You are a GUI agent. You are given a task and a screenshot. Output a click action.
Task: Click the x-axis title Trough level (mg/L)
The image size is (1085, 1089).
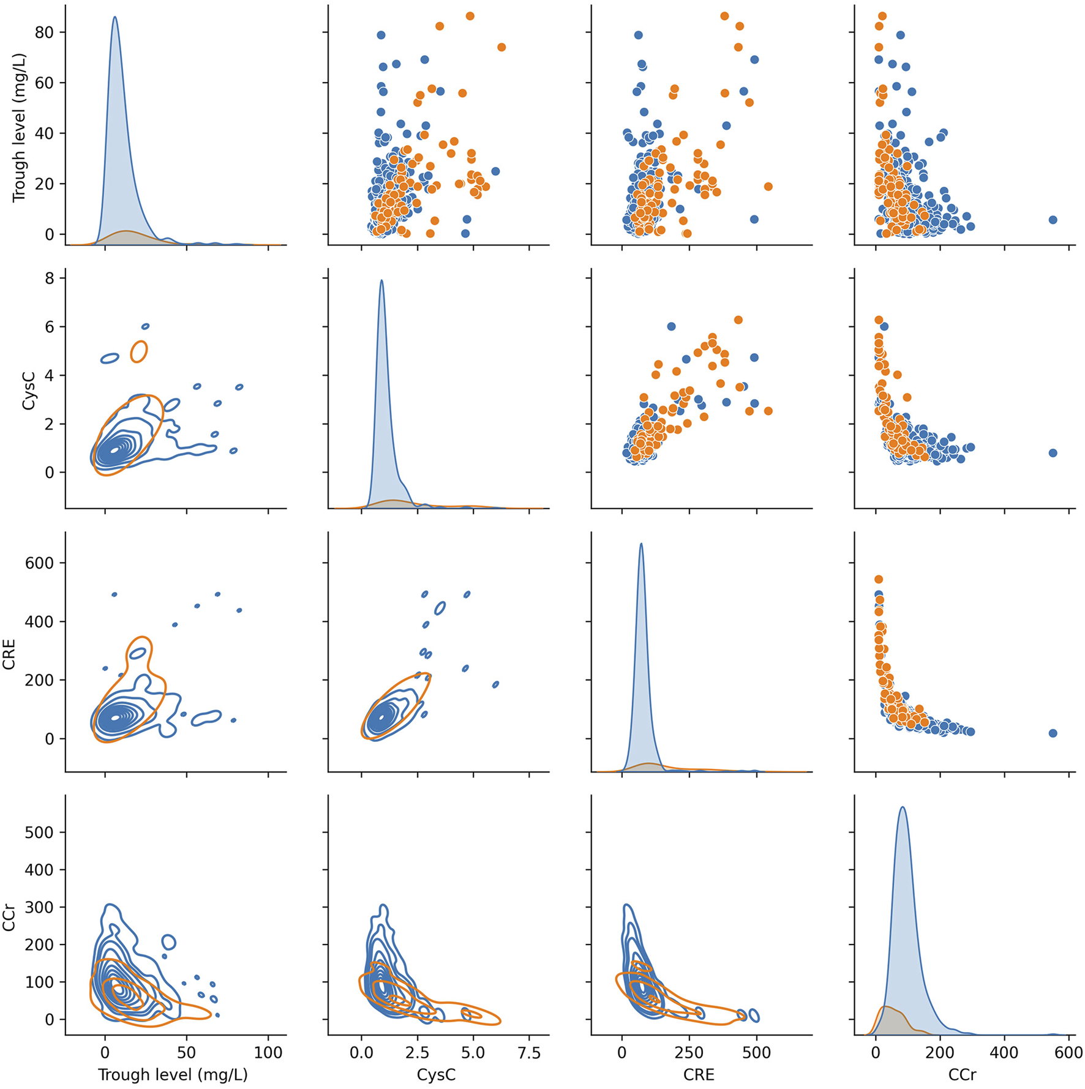[x=173, y=1074]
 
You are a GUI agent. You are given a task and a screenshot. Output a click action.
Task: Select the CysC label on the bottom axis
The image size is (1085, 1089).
[x=436, y=1074]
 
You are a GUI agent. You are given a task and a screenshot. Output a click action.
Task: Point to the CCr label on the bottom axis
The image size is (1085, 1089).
[x=962, y=1074]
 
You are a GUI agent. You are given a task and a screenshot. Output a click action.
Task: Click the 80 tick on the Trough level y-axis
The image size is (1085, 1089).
[x=45, y=32]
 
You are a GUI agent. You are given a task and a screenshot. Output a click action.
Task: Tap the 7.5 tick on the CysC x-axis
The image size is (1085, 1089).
[x=529, y=1053]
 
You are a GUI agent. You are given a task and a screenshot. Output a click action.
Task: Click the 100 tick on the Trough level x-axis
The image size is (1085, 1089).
[x=268, y=1053]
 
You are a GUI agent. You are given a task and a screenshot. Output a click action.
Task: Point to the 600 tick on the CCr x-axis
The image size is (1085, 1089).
[x=1069, y=1053]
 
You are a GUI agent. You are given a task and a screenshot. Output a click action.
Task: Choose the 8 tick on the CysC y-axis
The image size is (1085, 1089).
[x=49, y=279]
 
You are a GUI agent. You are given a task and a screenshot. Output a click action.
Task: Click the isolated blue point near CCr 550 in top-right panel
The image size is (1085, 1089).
[x=1053, y=220]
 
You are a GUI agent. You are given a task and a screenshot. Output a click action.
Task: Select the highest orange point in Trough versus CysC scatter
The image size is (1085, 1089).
[x=470, y=16]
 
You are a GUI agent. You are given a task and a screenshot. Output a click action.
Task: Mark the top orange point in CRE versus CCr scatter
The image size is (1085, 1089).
[x=878, y=579]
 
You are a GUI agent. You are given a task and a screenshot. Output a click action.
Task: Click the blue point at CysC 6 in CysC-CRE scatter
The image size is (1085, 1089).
[x=671, y=326]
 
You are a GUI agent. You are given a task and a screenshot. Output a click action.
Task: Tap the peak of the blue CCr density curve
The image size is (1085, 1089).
[x=903, y=807]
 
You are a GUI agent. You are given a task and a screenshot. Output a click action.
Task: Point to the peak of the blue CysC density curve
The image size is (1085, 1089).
[x=382, y=281]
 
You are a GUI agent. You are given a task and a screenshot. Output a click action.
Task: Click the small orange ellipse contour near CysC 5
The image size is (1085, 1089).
[x=139, y=351]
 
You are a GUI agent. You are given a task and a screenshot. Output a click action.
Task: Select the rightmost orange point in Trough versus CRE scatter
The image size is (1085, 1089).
[x=768, y=187]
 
